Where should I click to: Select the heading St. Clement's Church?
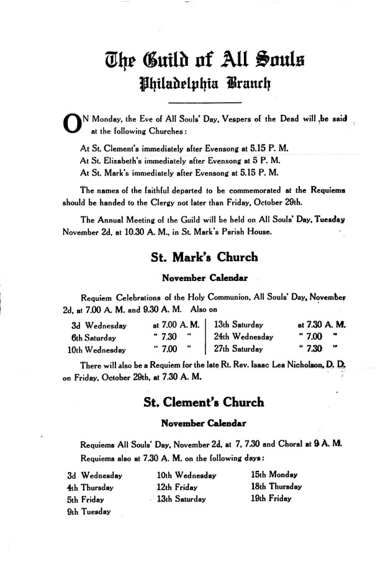click(204, 402)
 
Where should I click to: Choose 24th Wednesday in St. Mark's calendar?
click(243, 336)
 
